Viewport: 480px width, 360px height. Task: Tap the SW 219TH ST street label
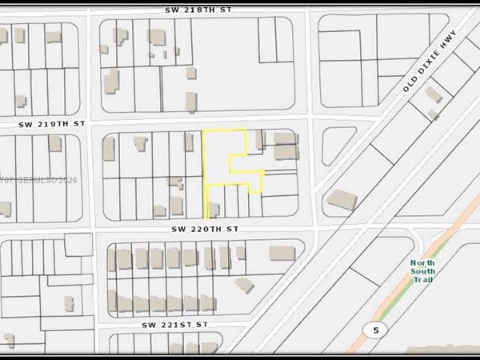coord(51,125)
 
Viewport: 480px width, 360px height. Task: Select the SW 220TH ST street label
coord(205,228)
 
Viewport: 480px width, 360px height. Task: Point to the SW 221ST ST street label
coord(175,325)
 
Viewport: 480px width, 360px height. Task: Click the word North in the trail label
coord(422,263)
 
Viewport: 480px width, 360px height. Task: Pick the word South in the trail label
coord(422,272)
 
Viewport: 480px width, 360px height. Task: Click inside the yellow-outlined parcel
coord(220,160)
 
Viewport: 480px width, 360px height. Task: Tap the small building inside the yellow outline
coord(214,210)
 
